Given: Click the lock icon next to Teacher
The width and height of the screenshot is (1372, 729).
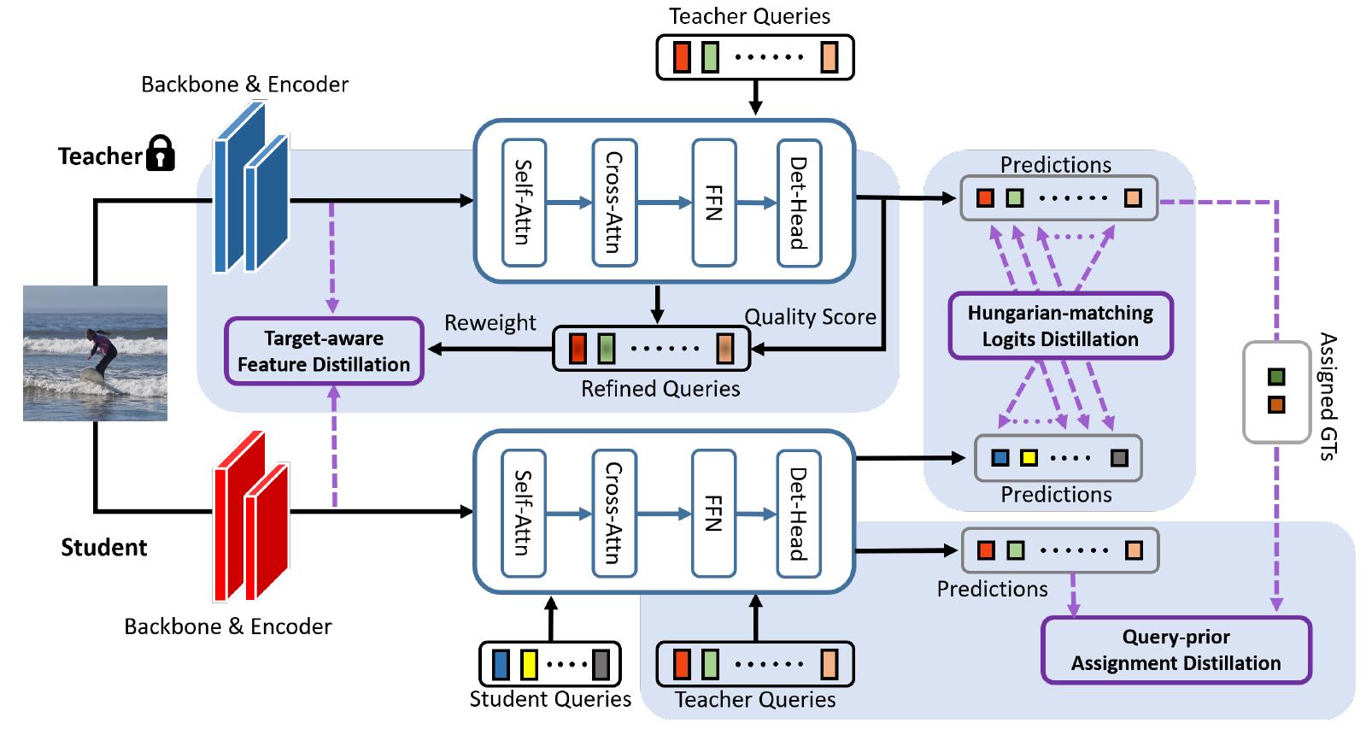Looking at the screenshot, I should click(160, 154).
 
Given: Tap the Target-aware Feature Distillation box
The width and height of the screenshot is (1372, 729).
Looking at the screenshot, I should click(324, 351).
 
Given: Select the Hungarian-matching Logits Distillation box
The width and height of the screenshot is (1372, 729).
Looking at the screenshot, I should click(1059, 326).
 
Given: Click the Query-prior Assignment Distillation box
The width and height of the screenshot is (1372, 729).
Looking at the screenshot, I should click(1176, 650).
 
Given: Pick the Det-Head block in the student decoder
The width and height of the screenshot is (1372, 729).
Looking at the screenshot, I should click(798, 513).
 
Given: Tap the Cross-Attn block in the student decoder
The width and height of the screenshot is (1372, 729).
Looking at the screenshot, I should click(613, 513).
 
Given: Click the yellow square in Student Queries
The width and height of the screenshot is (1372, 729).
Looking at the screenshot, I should click(529, 664).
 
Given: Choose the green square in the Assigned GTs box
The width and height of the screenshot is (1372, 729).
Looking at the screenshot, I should click(1275, 377).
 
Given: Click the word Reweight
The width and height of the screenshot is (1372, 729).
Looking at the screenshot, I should click(490, 323).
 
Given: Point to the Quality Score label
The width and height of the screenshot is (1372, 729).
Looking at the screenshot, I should click(810, 317).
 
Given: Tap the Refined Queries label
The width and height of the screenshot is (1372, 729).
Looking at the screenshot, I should click(660, 389).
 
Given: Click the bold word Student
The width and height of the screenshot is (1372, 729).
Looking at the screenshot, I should click(103, 548).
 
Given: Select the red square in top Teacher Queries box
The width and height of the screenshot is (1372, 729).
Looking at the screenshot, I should click(681, 57).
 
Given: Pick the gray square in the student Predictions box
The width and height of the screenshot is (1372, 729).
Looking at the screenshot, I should click(1118, 457).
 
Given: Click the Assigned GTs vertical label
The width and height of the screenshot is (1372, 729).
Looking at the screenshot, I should click(1327, 396).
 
